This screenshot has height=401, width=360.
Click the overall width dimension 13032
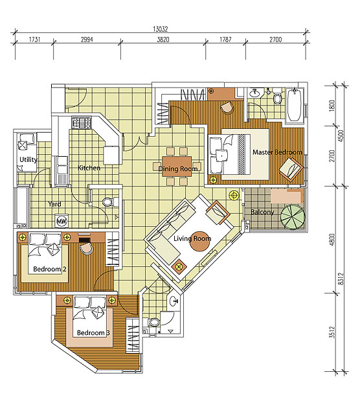161,29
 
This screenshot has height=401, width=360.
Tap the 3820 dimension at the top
163,40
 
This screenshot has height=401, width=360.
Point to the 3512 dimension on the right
332,332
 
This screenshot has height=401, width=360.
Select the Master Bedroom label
277,152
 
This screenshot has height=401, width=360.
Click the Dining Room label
178,168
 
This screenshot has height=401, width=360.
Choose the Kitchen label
89,168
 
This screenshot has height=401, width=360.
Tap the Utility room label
28,159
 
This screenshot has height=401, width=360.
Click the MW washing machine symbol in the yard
62,221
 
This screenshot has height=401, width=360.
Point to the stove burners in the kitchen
82,122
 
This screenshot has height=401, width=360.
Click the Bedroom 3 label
93,333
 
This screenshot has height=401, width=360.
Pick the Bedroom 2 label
50,269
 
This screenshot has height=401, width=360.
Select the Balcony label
262,212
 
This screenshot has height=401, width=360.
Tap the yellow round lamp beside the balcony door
234,196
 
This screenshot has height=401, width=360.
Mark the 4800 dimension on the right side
332,240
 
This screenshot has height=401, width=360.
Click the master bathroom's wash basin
254,93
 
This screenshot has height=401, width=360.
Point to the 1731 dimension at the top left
34,40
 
